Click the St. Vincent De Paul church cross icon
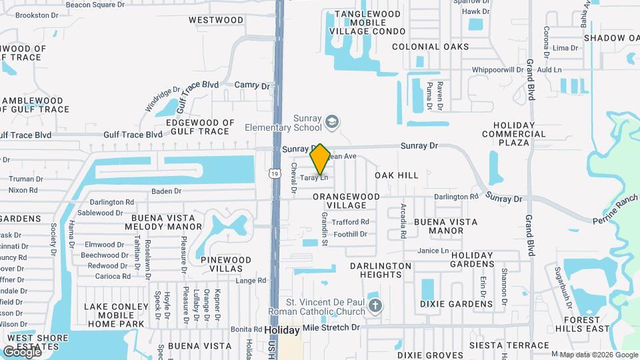tap(375, 306)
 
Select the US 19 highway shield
tap(275, 174)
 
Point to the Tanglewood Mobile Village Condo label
tap(370, 22)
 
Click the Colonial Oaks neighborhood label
tap(425, 47)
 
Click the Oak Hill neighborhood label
tap(396, 175)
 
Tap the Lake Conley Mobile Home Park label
tap(114, 315)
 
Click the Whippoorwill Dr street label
tap(497, 69)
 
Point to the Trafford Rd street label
tap(351, 222)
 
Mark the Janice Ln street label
tap(433, 251)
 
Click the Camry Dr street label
tap(252, 86)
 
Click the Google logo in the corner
tap(22, 351)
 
